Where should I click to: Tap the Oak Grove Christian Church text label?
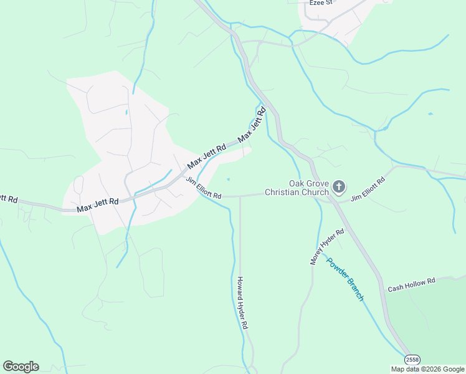pos(296,188)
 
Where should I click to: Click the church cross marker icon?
pos(339,186)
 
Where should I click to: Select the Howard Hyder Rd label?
pos(242,304)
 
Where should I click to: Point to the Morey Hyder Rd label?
pos(327,247)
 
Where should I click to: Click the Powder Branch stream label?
pos(345,280)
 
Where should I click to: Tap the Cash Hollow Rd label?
pos(411,285)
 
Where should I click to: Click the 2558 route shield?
pos(412,360)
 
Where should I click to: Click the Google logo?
pos(21,367)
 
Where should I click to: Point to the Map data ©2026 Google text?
pos(427,369)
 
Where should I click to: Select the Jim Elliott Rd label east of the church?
pos(368,189)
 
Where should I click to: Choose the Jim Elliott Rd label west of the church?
pos(203,188)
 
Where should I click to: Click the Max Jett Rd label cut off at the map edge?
pos(8,198)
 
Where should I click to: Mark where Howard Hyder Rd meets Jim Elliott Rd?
pos(240,196)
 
